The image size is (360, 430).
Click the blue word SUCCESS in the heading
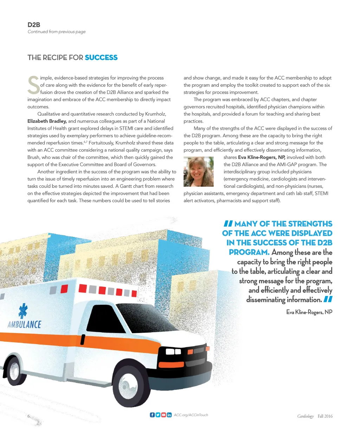[x=101, y=58]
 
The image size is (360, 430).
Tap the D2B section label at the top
[x=34, y=25]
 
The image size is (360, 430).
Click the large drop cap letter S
[x=34, y=85]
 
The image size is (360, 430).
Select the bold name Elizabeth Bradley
[x=47, y=121]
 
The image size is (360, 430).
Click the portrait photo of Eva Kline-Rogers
[x=199, y=172]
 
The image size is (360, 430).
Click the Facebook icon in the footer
[x=152, y=415]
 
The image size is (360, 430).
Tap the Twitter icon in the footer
[x=158, y=415]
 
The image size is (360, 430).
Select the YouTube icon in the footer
[x=163, y=415]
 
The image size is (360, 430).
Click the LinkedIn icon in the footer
[x=169, y=415]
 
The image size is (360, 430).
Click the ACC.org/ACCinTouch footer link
[x=191, y=415]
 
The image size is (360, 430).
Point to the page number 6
[x=29, y=416]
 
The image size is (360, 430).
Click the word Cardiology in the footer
[x=305, y=416]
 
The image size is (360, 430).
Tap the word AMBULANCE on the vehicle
[x=24, y=324]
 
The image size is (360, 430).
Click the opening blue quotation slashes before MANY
[x=228, y=224]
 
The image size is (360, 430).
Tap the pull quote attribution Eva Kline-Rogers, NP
[x=309, y=312]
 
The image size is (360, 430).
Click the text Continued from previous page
[x=57, y=32]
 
